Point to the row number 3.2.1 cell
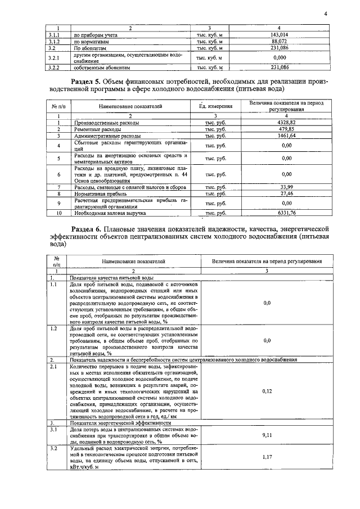tap(54, 58)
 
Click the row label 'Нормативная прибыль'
tap(99, 193)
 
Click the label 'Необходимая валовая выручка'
tap(109, 213)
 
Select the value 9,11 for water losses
tap(267, 435)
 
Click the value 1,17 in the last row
tap(267, 457)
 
